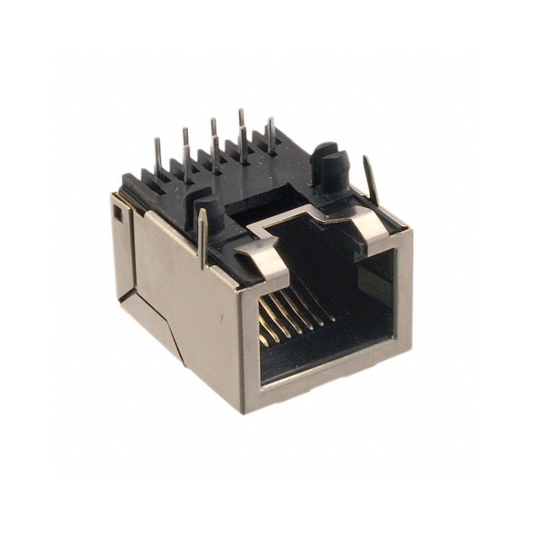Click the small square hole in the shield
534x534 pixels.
point(118,214)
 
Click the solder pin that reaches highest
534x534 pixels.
point(241,120)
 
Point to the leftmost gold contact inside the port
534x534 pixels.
point(263,334)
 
